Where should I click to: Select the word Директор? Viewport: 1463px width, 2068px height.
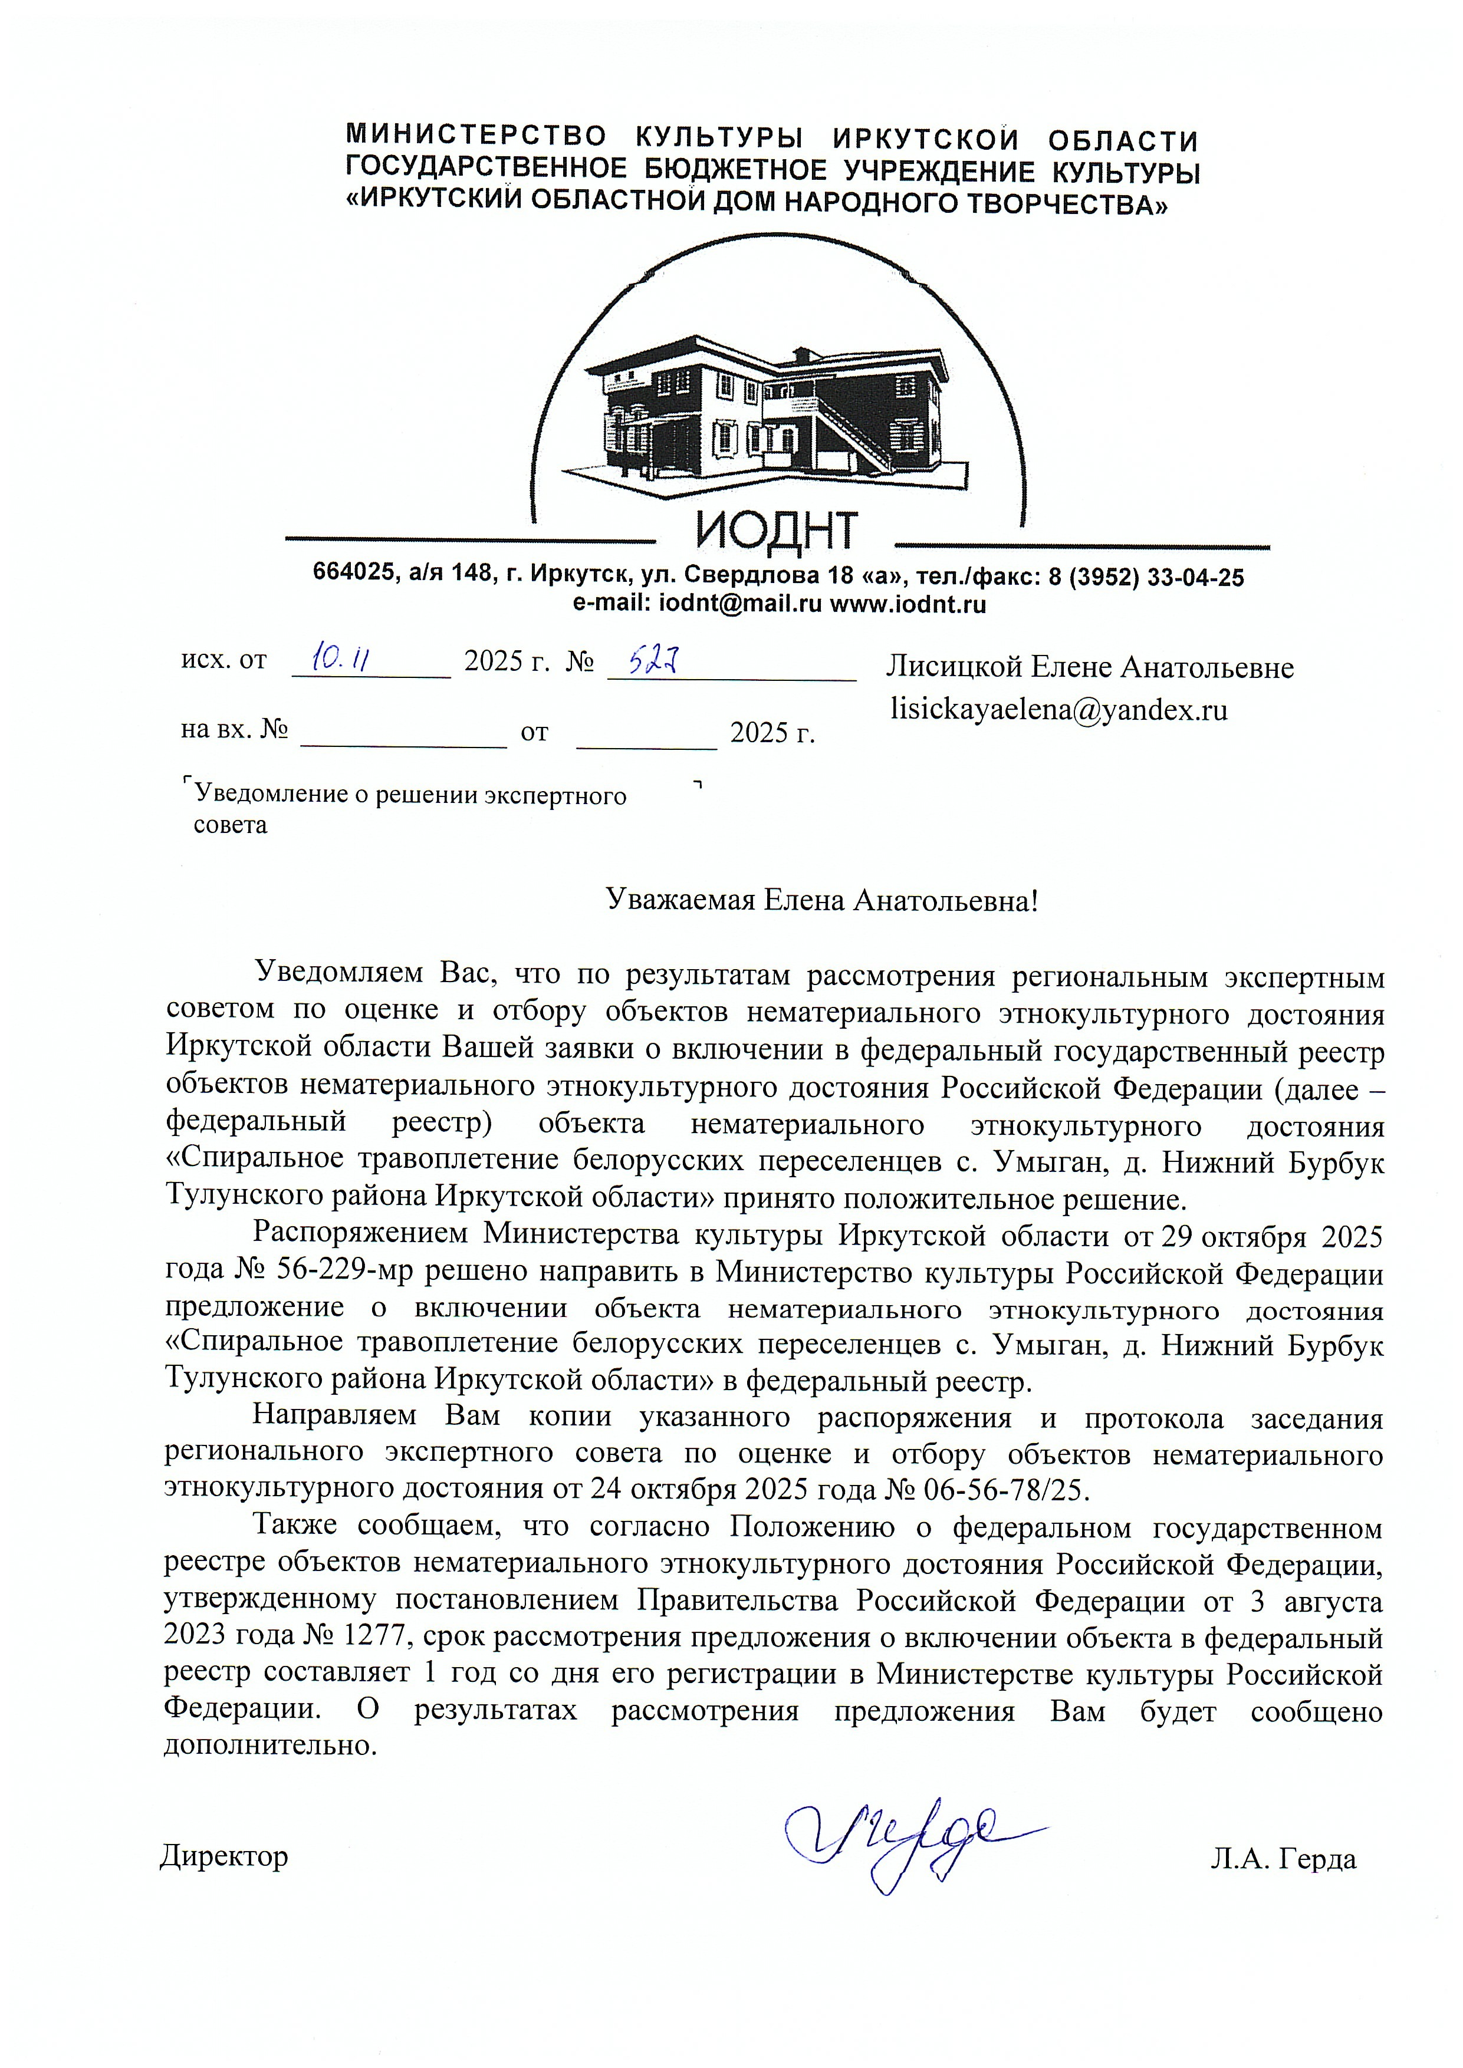tap(224, 1855)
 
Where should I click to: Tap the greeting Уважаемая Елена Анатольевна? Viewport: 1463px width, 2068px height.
tap(821, 899)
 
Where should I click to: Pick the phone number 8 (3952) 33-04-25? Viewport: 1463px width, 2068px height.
tap(1146, 577)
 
